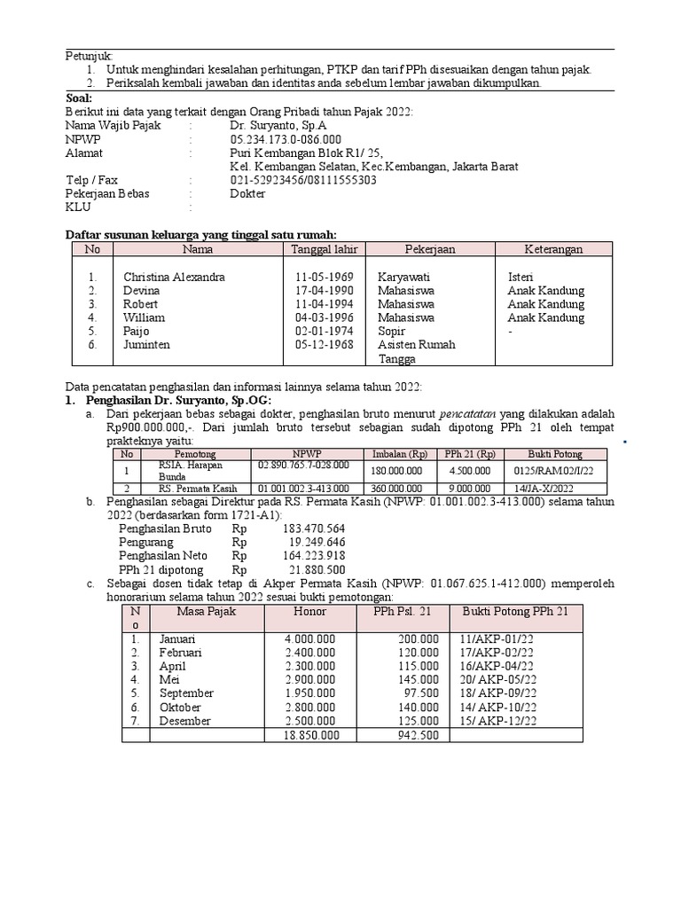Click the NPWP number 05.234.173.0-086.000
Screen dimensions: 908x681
click(285, 139)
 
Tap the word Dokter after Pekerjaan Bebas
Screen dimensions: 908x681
click(247, 193)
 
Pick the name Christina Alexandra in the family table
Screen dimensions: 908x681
click(174, 277)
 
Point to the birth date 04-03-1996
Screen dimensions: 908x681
click(325, 317)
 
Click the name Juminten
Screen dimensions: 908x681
click(146, 344)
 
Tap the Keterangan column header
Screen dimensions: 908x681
click(553, 249)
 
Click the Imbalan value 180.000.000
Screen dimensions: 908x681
click(396, 471)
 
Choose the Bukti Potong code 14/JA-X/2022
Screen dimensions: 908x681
click(544, 488)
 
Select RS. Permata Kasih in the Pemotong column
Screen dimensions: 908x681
click(193, 488)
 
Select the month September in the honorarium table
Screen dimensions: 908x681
click(186, 693)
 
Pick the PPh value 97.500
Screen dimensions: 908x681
click(421, 693)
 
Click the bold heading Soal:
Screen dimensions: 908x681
click(79, 98)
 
